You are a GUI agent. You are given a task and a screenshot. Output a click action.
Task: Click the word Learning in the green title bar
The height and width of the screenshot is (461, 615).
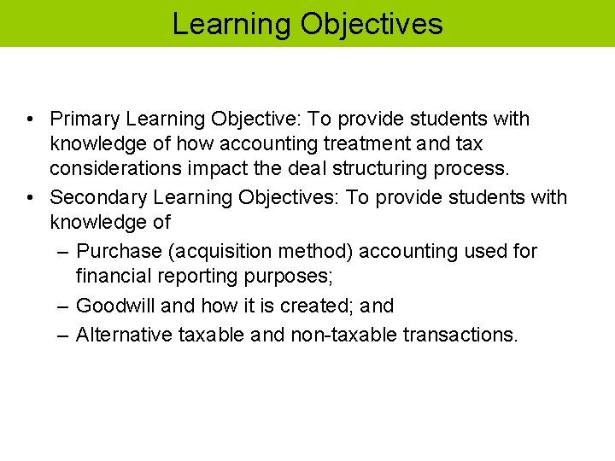pos(231,23)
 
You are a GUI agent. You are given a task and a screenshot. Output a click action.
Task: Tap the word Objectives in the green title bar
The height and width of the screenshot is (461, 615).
pos(372,23)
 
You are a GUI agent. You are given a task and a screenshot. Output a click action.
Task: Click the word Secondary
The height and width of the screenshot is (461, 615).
pos(98,197)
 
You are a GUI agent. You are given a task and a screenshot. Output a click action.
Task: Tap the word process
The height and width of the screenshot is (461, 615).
pos(482,170)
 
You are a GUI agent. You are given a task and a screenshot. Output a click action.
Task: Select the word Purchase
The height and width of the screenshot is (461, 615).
pos(119,251)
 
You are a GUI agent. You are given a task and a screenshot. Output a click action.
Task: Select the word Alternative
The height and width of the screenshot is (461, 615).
pos(124,333)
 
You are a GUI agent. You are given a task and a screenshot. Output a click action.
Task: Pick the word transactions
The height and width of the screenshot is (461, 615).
pos(460,333)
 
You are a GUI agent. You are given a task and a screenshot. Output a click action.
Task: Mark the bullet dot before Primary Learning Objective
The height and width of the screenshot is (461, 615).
pos(30,120)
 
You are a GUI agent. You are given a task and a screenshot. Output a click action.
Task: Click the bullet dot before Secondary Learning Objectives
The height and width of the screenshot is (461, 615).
pos(30,198)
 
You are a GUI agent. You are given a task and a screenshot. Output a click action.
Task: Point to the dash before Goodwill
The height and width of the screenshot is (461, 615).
pos(64,306)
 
